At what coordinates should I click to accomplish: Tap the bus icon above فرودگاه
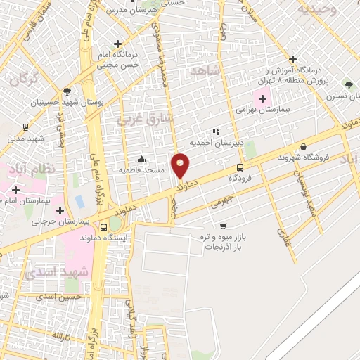click(x=240, y=167)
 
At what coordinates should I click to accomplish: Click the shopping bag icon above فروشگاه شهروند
click(x=303, y=146)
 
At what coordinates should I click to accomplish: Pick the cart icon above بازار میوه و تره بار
click(x=223, y=226)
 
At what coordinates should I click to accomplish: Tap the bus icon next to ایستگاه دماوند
click(x=104, y=227)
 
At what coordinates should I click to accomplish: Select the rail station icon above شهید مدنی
click(x=26, y=127)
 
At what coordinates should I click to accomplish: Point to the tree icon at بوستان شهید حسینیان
click(x=67, y=91)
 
